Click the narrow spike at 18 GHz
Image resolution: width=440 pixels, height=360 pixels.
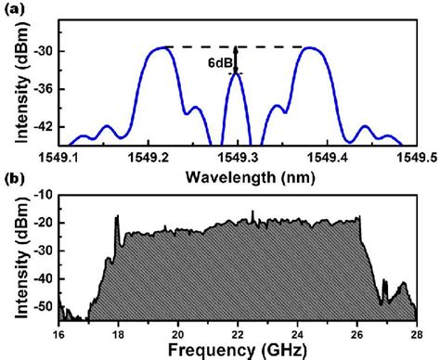point(118,220)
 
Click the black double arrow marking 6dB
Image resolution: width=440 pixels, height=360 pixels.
point(237,59)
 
